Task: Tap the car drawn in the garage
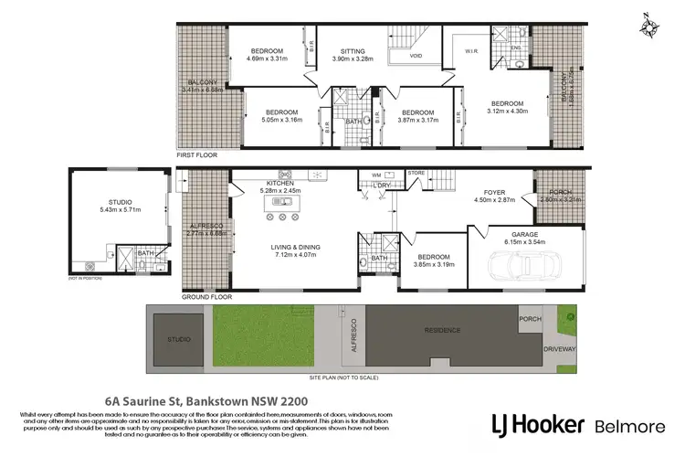click(524, 266)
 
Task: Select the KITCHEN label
click(279, 183)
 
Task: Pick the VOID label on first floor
click(416, 56)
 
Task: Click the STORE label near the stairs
click(416, 172)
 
